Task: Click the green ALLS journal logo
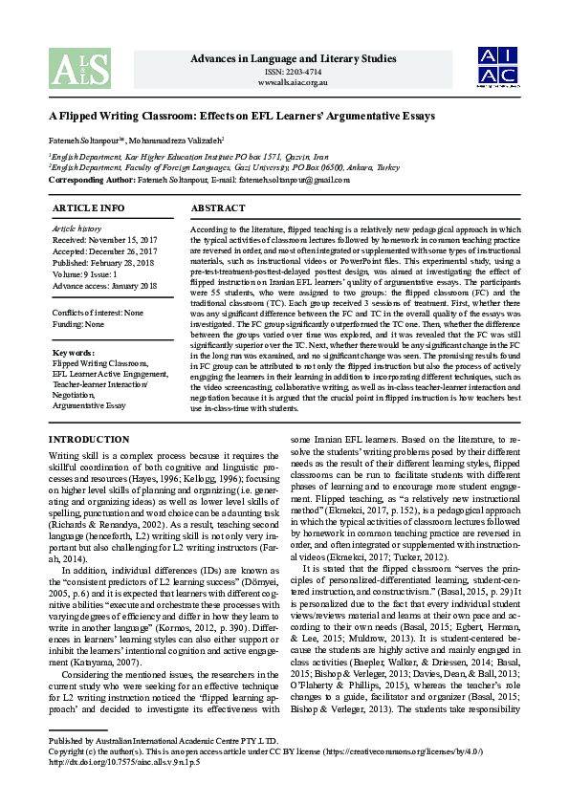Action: pyautogui.click(x=80, y=68)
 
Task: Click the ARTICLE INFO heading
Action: pyautogui.click(x=88, y=207)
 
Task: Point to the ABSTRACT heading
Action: pyautogui.click(x=218, y=207)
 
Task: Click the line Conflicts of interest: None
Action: pyautogui.click(x=98, y=312)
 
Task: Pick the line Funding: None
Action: pyautogui.click(x=79, y=323)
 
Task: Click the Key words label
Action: pyautogui.click(x=73, y=354)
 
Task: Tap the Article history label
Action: pyautogui.click(x=77, y=229)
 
